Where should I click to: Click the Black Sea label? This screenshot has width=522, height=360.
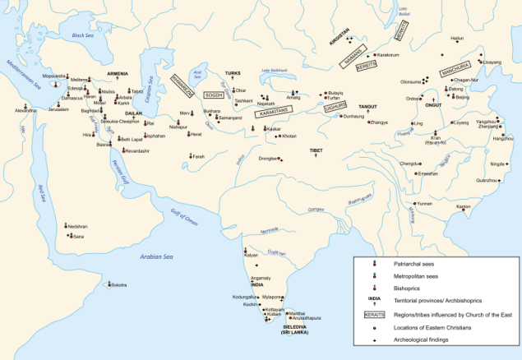coord(84,36)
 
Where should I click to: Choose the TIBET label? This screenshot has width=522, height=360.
coord(316,151)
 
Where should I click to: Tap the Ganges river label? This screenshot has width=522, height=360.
coord(316,210)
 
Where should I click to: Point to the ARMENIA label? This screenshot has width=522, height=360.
coord(97,72)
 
